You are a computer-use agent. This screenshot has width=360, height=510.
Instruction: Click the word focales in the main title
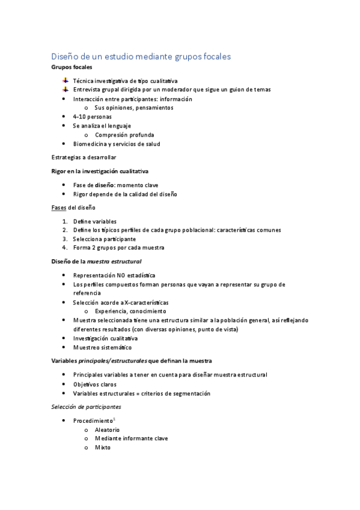click(211, 57)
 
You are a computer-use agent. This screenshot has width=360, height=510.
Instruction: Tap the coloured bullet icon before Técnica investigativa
click(65, 80)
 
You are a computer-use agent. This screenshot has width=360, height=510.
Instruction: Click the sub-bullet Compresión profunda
click(124, 135)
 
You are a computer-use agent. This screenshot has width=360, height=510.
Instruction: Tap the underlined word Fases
click(58, 207)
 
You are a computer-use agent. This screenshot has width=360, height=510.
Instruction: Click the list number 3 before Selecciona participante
click(64, 239)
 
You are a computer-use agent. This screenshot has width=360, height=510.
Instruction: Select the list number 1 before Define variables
click(64, 221)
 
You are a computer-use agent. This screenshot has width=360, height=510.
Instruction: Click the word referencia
click(89, 293)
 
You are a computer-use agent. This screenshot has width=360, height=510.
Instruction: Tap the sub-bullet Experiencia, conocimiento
click(130, 311)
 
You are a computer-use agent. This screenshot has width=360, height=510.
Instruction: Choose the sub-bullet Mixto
click(103, 447)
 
